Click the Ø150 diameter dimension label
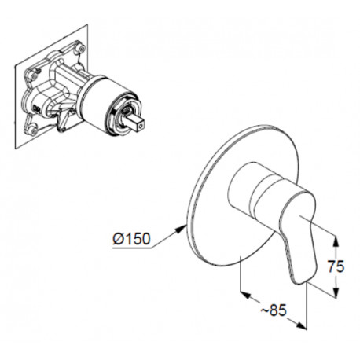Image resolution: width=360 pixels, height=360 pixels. click(132, 239)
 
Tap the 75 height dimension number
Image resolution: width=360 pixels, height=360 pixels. click(336, 267)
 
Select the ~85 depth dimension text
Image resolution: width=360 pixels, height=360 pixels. click(274, 310)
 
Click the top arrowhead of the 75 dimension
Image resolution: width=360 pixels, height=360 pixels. click(336, 241)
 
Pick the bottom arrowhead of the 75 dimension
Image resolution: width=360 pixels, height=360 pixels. click(336, 292)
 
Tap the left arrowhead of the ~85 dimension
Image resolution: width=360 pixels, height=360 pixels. click(246, 294)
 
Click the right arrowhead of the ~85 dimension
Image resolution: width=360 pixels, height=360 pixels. click(301, 325)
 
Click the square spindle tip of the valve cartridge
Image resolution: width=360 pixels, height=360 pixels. click(137, 123)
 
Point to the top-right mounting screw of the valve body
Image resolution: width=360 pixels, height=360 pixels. click(82, 49)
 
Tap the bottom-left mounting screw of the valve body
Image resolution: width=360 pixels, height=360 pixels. click(33, 132)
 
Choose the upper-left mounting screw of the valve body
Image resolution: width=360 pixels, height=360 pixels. click(34, 76)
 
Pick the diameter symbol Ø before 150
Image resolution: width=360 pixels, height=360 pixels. click(118, 239)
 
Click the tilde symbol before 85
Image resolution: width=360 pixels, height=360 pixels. click(264, 311)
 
